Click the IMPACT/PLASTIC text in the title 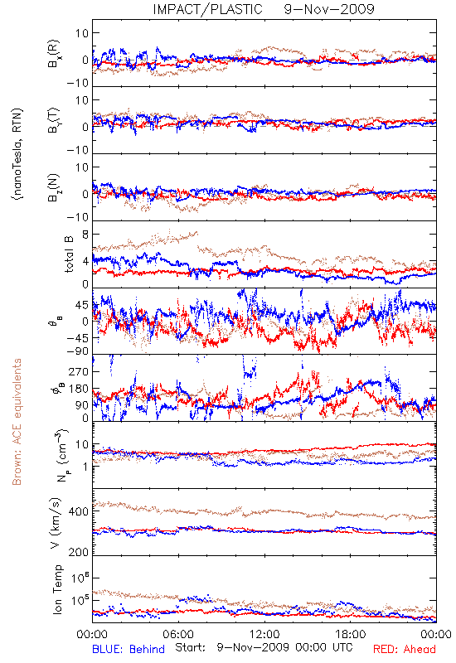point(208,9)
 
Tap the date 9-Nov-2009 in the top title point(329,9)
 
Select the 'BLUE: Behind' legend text point(129,649)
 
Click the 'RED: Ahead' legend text point(404,649)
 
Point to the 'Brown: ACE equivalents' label point(17,422)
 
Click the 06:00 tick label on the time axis point(178,634)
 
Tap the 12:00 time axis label point(264,634)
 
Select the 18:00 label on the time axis point(351,634)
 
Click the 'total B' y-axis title point(69,254)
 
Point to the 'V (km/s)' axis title point(56,523)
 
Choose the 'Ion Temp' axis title point(57,589)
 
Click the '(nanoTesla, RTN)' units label point(17,154)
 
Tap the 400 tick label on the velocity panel point(79,511)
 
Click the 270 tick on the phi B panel point(79,371)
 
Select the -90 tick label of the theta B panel point(78,351)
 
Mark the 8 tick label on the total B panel point(85,235)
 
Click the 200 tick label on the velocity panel point(79,552)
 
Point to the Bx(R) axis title point(54,54)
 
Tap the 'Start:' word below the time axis point(191,647)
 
